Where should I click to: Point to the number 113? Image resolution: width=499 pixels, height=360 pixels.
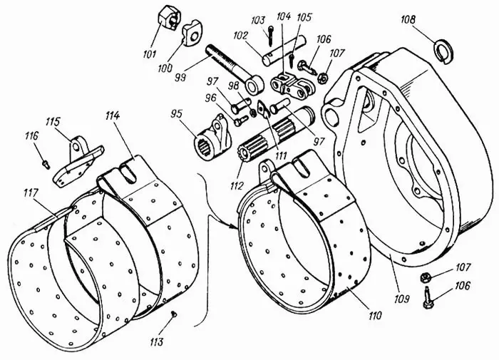click(156, 342)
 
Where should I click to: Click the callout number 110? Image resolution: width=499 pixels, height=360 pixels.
click(374, 314)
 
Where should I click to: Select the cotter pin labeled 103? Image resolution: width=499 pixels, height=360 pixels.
click(271, 31)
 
